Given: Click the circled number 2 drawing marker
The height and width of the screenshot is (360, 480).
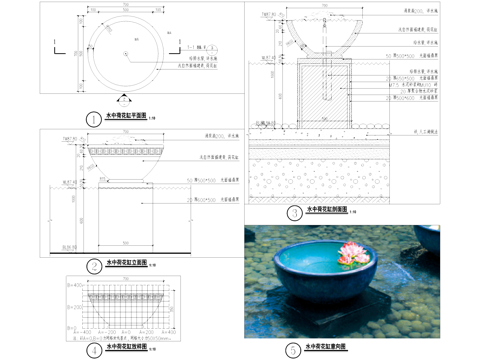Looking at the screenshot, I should coord(92,265).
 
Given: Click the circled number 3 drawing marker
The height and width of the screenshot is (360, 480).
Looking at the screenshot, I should coord(294,212).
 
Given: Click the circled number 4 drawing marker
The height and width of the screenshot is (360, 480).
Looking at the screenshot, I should coord(92,350).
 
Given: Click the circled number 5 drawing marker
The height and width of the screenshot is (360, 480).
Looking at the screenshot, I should coord(292,350).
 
